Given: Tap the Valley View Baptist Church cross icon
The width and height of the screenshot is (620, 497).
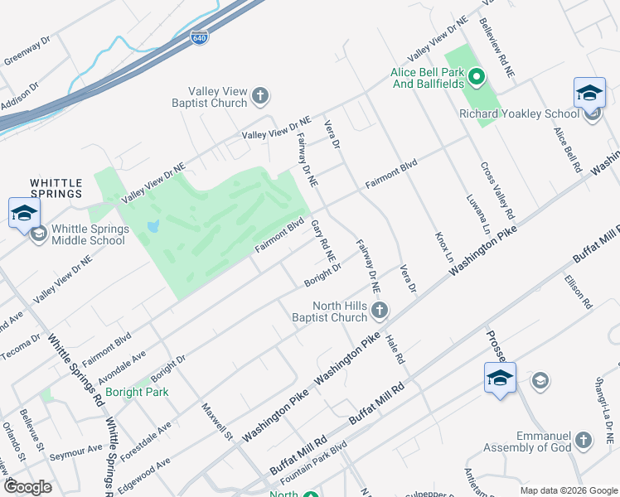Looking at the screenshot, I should click(259, 96).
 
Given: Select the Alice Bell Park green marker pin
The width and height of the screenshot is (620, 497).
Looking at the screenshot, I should click(477, 79).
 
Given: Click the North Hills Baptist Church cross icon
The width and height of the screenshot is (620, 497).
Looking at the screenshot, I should click(380, 311).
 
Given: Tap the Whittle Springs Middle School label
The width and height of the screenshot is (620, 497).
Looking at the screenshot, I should click(88, 234).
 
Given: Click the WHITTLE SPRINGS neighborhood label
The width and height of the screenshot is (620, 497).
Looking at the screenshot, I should click(56, 188).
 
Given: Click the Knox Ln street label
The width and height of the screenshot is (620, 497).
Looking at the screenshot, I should click(444, 247).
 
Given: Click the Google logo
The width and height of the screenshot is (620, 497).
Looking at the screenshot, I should click(28, 487).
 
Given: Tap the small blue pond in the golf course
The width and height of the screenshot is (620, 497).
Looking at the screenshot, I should click(152, 226).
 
